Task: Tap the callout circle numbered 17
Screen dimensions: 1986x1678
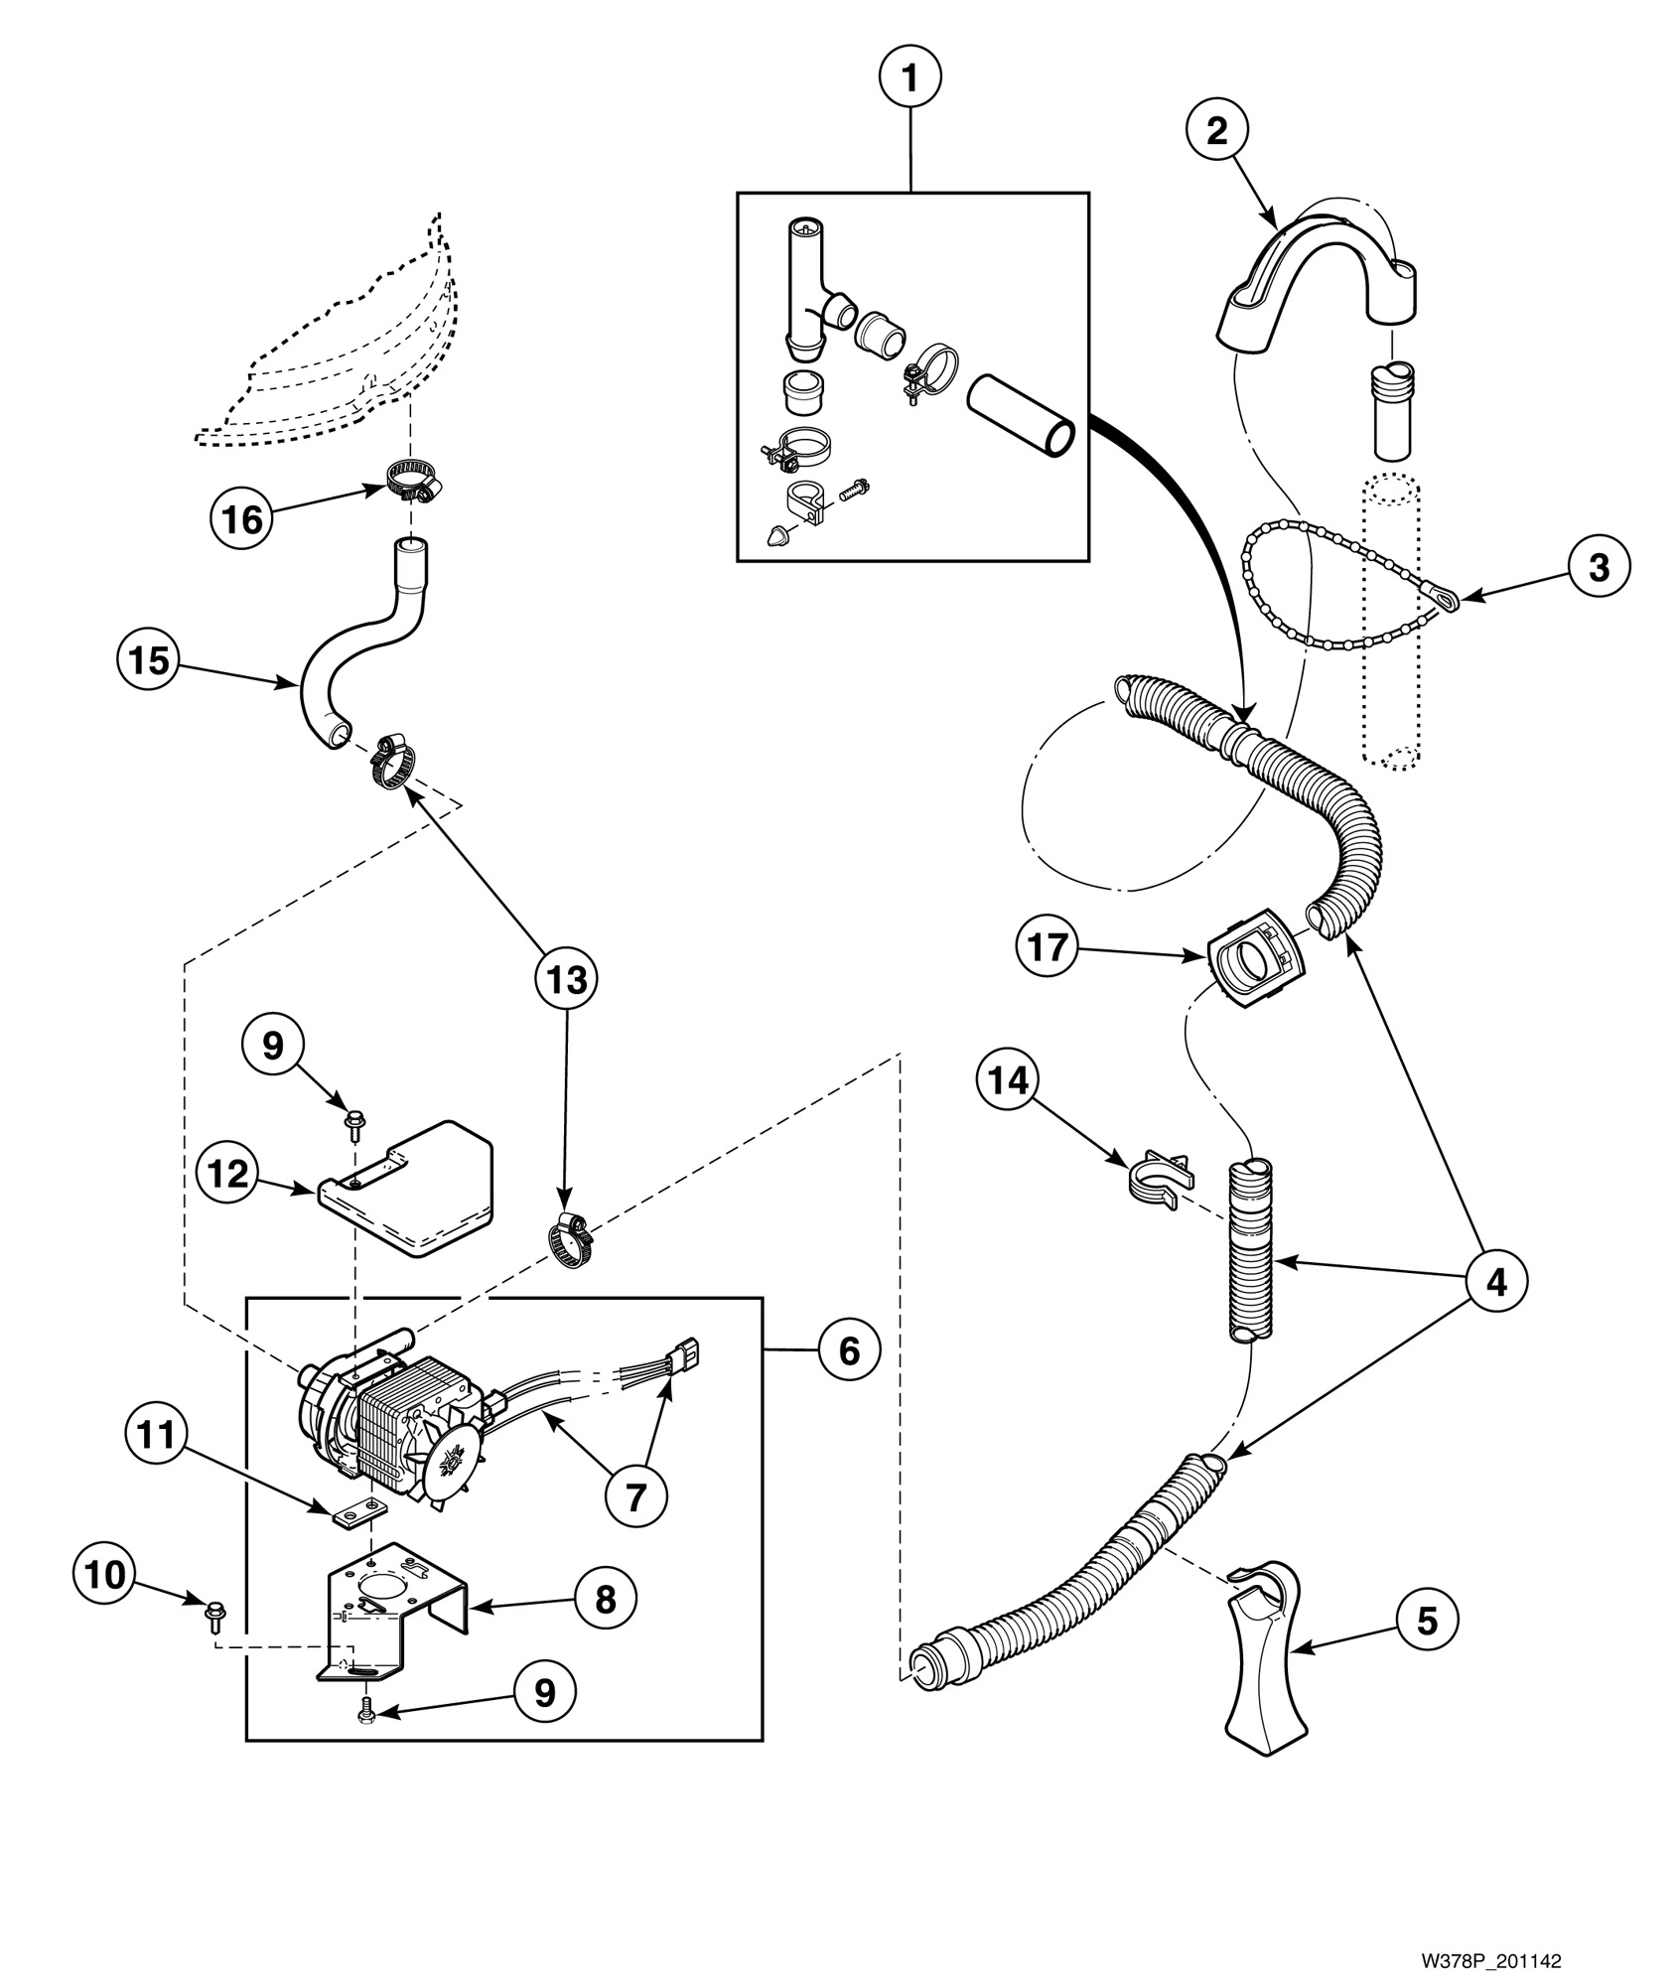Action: pyautogui.click(x=1048, y=947)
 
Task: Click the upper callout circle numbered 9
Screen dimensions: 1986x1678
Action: pyautogui.click(x=273, y=1045)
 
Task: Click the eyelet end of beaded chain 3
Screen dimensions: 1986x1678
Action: pyautogui.click(x=1446, y=598)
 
